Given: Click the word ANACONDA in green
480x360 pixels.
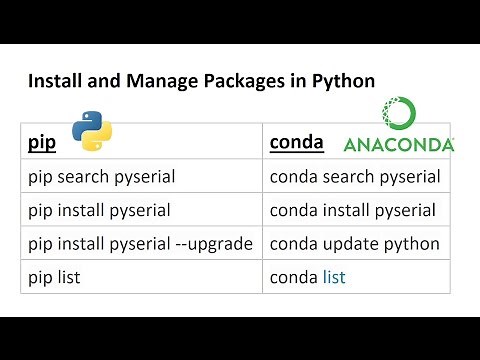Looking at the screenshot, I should point(398,145).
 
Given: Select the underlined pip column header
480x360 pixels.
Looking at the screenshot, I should point(41,143).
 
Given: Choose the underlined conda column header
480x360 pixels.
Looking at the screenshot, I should point(296,143).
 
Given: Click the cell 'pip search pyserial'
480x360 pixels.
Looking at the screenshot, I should point(101,177).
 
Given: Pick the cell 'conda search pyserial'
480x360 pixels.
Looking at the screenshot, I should point(355,177).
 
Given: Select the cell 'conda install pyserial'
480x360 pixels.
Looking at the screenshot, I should point(353,210).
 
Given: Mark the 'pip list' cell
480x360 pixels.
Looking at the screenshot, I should point(53,277).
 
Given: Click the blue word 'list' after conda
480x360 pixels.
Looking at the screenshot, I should point(333,277).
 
